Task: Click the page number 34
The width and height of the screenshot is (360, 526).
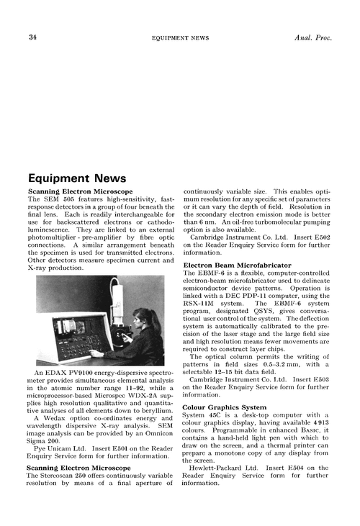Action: (x=33, y=37)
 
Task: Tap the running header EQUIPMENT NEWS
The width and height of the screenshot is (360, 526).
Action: (x=179, y=37)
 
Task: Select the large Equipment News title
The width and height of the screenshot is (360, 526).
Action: (x=76, y=178)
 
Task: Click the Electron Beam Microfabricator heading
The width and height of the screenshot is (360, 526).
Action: (x=238, y=266)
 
